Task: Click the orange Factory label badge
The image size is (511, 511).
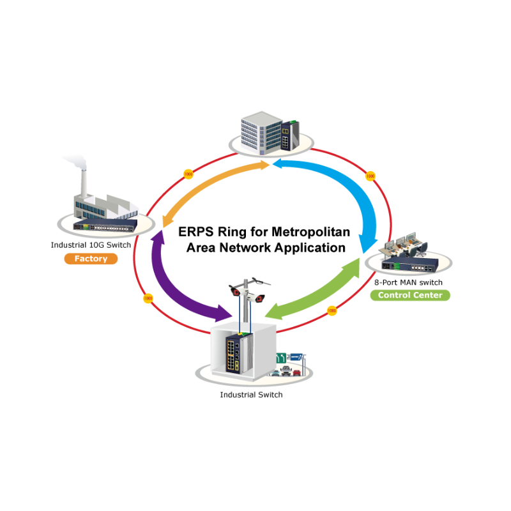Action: pyautogui.click(x=91, y=259)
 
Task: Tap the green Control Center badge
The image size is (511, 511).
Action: pyautogui.click(x=410, y=295)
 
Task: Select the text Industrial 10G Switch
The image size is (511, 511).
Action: pyautogui.click(x=91, y=245)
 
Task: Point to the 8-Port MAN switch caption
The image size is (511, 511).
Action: pyautogui.click(x=409, y=282)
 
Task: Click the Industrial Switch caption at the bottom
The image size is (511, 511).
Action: pyautogui.click(x=251, y=395)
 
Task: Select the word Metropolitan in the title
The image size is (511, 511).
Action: pyautogui.click(x=310, y=231)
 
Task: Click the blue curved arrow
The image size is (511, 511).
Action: pyautogui.click(x=345, y=192)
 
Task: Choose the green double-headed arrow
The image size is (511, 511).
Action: pyautogui.click(x=313, y=287)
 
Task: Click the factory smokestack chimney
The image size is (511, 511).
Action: pyautogui.click(x=82, y=182)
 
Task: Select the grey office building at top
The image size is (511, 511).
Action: pyautogui.click(x=260, y=131)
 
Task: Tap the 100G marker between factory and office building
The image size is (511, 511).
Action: pyautogui.click(x=188, y=174)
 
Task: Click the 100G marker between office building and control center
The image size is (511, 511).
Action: pyautogui.click(x=370, y=176)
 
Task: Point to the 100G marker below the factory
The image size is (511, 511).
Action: pyautogui.click(x=148, y=298)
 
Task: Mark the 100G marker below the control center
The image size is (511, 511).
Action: pyautogui.click(x=332, y=310)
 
